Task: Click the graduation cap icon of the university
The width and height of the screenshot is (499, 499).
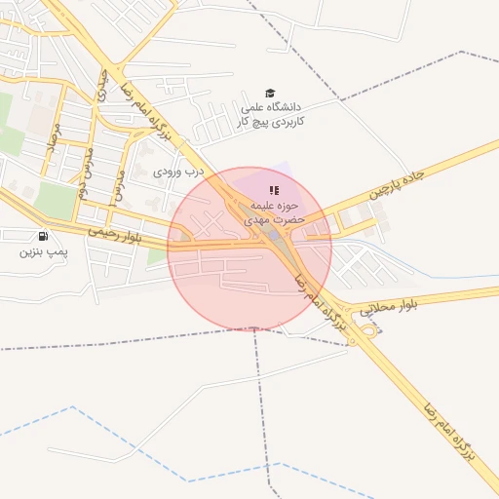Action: pyautogui.click(x=270, y=93)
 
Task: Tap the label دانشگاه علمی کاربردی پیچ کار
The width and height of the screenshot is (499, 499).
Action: pyautogui.click(x=272, y=113)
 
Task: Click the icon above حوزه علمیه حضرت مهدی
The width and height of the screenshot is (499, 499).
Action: pyautogui.click(x=275, y=189)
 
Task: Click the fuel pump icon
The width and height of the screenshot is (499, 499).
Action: pyautogui.click(x=42, y=236)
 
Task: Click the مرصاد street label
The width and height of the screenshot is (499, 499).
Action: pyautogui.click(x=55, y=143)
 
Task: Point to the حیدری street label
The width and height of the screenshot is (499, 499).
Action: pyautogui.click(x=101, y=86)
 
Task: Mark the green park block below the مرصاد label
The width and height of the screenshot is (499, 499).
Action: pyautogui.click(x=56, y=201)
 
